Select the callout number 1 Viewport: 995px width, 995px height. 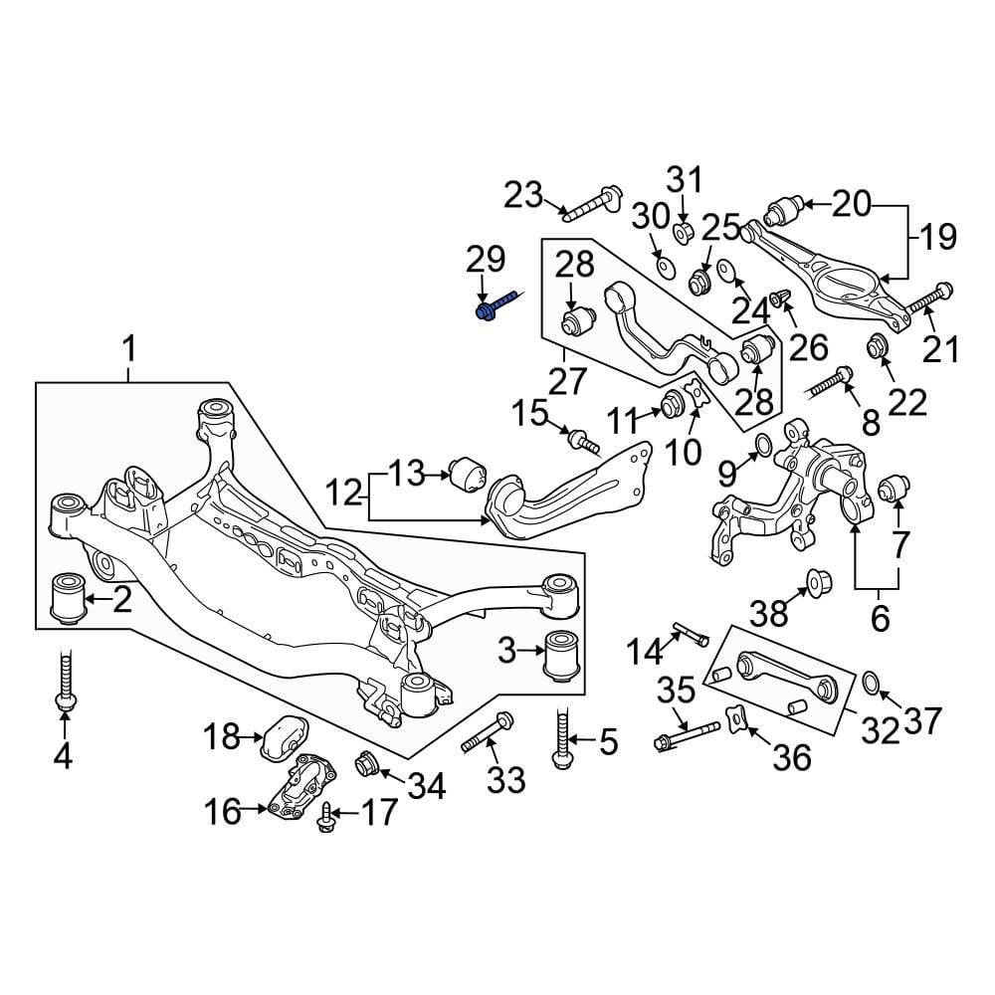point(128,349)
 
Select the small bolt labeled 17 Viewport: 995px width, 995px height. point(325,819)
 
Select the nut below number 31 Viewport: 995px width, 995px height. point(684,233)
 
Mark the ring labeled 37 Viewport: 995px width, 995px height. point(869,682)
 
